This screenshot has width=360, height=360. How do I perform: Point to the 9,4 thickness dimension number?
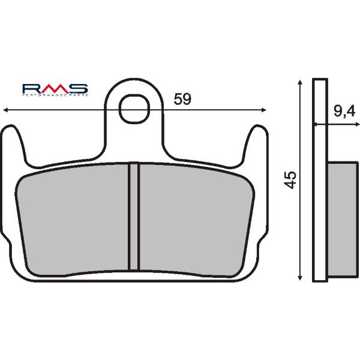pyautogui.click(x=343, y=111)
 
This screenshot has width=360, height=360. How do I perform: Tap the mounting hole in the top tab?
pyautogui.click(x=134, y=109)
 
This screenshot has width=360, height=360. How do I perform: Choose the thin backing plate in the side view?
pyautogui.click(x=321, y=180)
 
